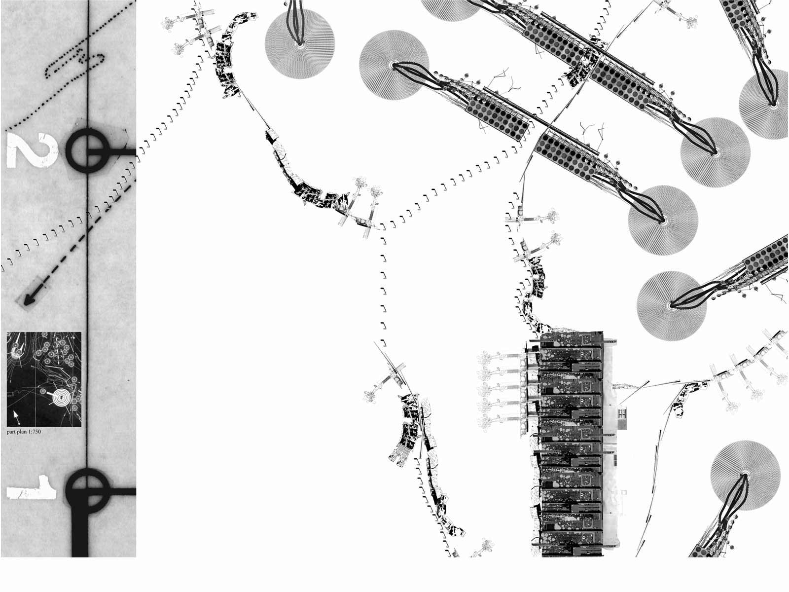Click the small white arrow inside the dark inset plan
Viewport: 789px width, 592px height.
(x=16, y=416)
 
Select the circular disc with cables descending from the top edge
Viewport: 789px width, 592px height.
(x=300, y=43)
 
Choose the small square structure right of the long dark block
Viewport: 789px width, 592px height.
(x=622, y=418)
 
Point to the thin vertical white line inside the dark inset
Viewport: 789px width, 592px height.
(x=36, y=379)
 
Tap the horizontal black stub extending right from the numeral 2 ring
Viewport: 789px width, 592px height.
(x=122, y=152)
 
